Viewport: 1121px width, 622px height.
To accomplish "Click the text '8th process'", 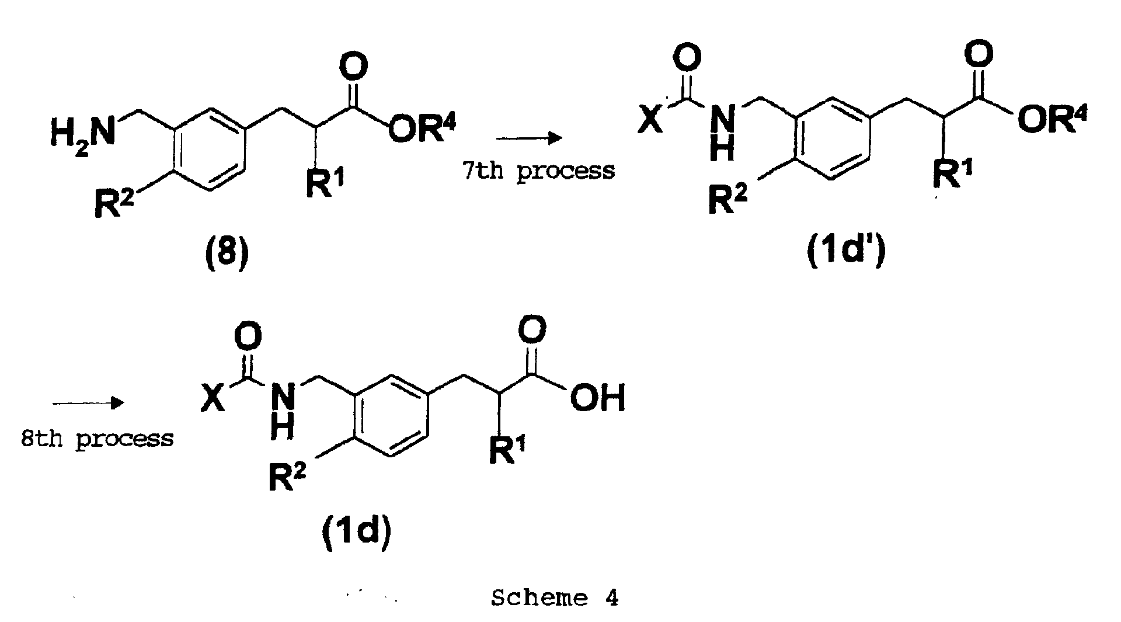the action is pos(97,439).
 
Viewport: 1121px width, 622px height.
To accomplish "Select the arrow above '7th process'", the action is pos(529,138).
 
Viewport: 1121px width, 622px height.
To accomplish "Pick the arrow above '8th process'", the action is pos(88,403).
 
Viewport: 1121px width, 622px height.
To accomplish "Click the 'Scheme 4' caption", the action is pos(555,598).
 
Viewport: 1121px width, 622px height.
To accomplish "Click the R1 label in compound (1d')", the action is pos(952,173).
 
